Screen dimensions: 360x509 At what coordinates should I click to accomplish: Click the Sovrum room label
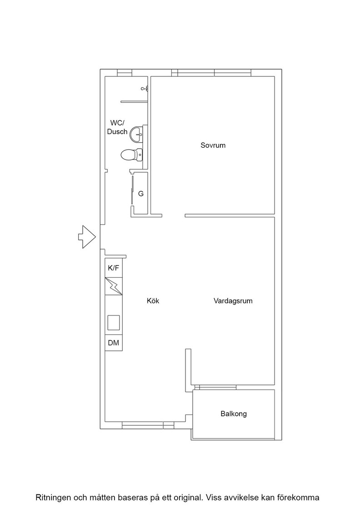[x=213, y=145]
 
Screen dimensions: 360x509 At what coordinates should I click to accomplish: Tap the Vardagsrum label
[x=233, y=300]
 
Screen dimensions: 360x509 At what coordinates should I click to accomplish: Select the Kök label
[x=153, y=300]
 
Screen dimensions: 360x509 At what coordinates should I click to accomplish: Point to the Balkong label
[x=234, y=414]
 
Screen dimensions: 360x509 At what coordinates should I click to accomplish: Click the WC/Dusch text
[x=118, y=127]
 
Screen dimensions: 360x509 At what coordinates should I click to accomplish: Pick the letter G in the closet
[x=141, y=194]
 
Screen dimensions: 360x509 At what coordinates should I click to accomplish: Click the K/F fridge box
[x=114, y=268]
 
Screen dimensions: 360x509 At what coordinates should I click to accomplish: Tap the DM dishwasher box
[x=114, y=343]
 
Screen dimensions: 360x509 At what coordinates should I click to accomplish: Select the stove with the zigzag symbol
[x=114, y=286]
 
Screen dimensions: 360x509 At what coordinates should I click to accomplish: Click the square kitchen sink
[x=114, y=323]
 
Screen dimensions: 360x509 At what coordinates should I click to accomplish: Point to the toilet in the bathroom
[x=131, y=155]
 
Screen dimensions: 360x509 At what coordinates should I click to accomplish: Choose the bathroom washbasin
[x=137, y=134]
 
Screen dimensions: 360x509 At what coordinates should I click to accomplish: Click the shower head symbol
[x=145, y=88]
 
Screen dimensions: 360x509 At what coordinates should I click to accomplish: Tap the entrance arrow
[x=87, y=237]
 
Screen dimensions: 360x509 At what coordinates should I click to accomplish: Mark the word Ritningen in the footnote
[x=52, y=498]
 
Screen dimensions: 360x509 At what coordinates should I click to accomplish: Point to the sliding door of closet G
[x=132, y=190]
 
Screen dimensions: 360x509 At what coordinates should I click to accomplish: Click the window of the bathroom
[x=125, y=73]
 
